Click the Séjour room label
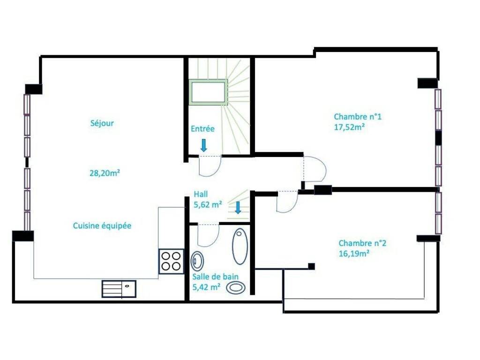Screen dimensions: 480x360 pyautogui.click(x=102, y=123)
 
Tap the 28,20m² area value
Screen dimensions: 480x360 pyautogui.click(x=105, y=173)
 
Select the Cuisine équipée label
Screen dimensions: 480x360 pyautogui.click(x=102, y=226)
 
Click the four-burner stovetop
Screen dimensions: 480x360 pyautogui.click(x=172, y=262)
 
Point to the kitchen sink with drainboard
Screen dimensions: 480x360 pyautogui.click(x=119, y=289)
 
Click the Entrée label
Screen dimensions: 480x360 pyautogui.click(x=202, y=128)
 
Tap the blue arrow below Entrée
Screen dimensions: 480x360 pyautogui.click(x=203, y=145)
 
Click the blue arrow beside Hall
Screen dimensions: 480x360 pyautogui.click(x=238, y=208)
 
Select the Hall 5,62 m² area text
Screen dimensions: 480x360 pyautogui.click(x=208, y=200)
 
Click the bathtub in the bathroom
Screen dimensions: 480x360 pyautogui.click(x=240, y=246)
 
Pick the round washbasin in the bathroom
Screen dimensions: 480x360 pyautogui.click(x=197, y=261)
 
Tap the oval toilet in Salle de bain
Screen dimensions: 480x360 pyautogui.click(x=236, y=287)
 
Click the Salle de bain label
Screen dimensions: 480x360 pyautogui.click(x=216, y=277)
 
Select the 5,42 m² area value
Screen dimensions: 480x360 pyautogui.click(x=206, y=287)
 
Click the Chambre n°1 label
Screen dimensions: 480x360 pyautogui.click(x=358, y=117)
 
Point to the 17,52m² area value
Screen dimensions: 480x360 pyautogui.click(x=349, y=127)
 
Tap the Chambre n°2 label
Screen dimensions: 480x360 pyautogui.click(x=362, y=243)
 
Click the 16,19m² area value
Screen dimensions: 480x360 pyautogui.click(x=354, y=254)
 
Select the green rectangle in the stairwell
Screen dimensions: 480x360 pyautogui.click(x=208, y=92)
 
